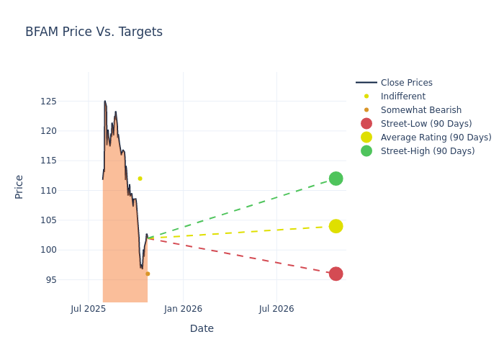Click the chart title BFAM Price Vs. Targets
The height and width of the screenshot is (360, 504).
[x=94, y=32]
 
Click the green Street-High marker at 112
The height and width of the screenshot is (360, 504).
[x=336, y=179]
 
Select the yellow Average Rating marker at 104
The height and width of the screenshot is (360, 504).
[x=336, y=226]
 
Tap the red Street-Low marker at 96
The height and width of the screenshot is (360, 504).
[x=336, y=274]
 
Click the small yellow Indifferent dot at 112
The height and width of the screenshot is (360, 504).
[x=140, y=179]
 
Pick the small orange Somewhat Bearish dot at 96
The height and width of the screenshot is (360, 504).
[x=148, y=274]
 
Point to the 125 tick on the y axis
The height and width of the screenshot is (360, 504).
[x=68, y=102]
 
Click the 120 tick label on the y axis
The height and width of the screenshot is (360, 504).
[x=68, y=131]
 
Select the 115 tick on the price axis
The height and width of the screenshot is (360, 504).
[x=68, y=161]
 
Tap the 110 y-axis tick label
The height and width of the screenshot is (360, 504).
[x=68, y=191]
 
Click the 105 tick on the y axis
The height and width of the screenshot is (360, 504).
[x=68, y=220]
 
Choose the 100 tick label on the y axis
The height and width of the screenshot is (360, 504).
[x=68, y=250]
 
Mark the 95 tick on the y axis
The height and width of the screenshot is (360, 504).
[x=71, y=280]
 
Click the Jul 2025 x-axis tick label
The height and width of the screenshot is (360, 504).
[x=89, y=309]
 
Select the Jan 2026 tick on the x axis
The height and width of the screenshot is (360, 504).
[x=183, y=309]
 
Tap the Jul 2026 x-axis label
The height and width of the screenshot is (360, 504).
[x=276, y=309]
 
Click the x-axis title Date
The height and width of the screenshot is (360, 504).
[x=202, y=329]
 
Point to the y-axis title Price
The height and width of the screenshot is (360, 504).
[x=19, y=186]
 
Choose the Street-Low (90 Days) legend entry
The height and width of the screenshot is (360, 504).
[x=426, y=124]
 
